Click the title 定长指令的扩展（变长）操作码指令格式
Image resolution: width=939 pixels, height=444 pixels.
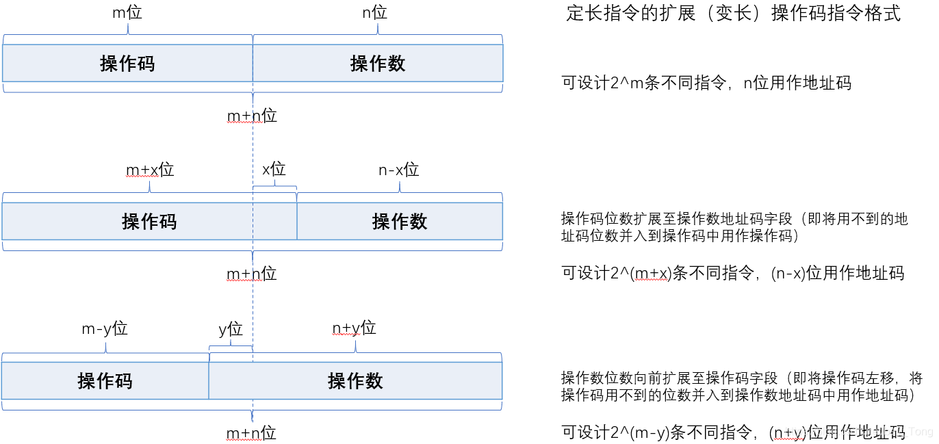(x=733, y=14)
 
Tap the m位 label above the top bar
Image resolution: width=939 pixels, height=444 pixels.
(x=127, y=12)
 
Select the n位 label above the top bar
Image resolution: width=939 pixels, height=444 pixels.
(x=374, y=12)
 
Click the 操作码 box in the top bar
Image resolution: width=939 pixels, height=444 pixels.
(x=127, y=64)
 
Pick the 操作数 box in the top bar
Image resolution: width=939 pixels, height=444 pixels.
(x=378, y=64)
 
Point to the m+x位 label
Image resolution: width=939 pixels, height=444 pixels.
(x=150, y=170)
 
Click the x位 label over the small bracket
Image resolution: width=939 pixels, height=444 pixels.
(x=274, y=169)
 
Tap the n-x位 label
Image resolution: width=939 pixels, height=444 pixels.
(x=398, y=170)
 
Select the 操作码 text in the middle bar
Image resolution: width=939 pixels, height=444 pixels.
(x=149, y=222)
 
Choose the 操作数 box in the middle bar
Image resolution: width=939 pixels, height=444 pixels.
(x=400, y=222)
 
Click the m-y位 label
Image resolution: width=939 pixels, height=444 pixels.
(x=105, y=328)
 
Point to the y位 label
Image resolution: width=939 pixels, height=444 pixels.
(x=231, y=329)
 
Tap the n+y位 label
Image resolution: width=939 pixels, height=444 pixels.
(x=354, y=328)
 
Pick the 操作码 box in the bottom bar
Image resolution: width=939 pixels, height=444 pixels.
(x=105, y=381)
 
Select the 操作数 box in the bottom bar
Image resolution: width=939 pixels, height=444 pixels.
(x=355, y=381)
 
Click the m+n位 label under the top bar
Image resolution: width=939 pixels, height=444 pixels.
(x=252, y=116)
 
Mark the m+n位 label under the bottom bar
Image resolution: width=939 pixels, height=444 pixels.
(x=251, y=433)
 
